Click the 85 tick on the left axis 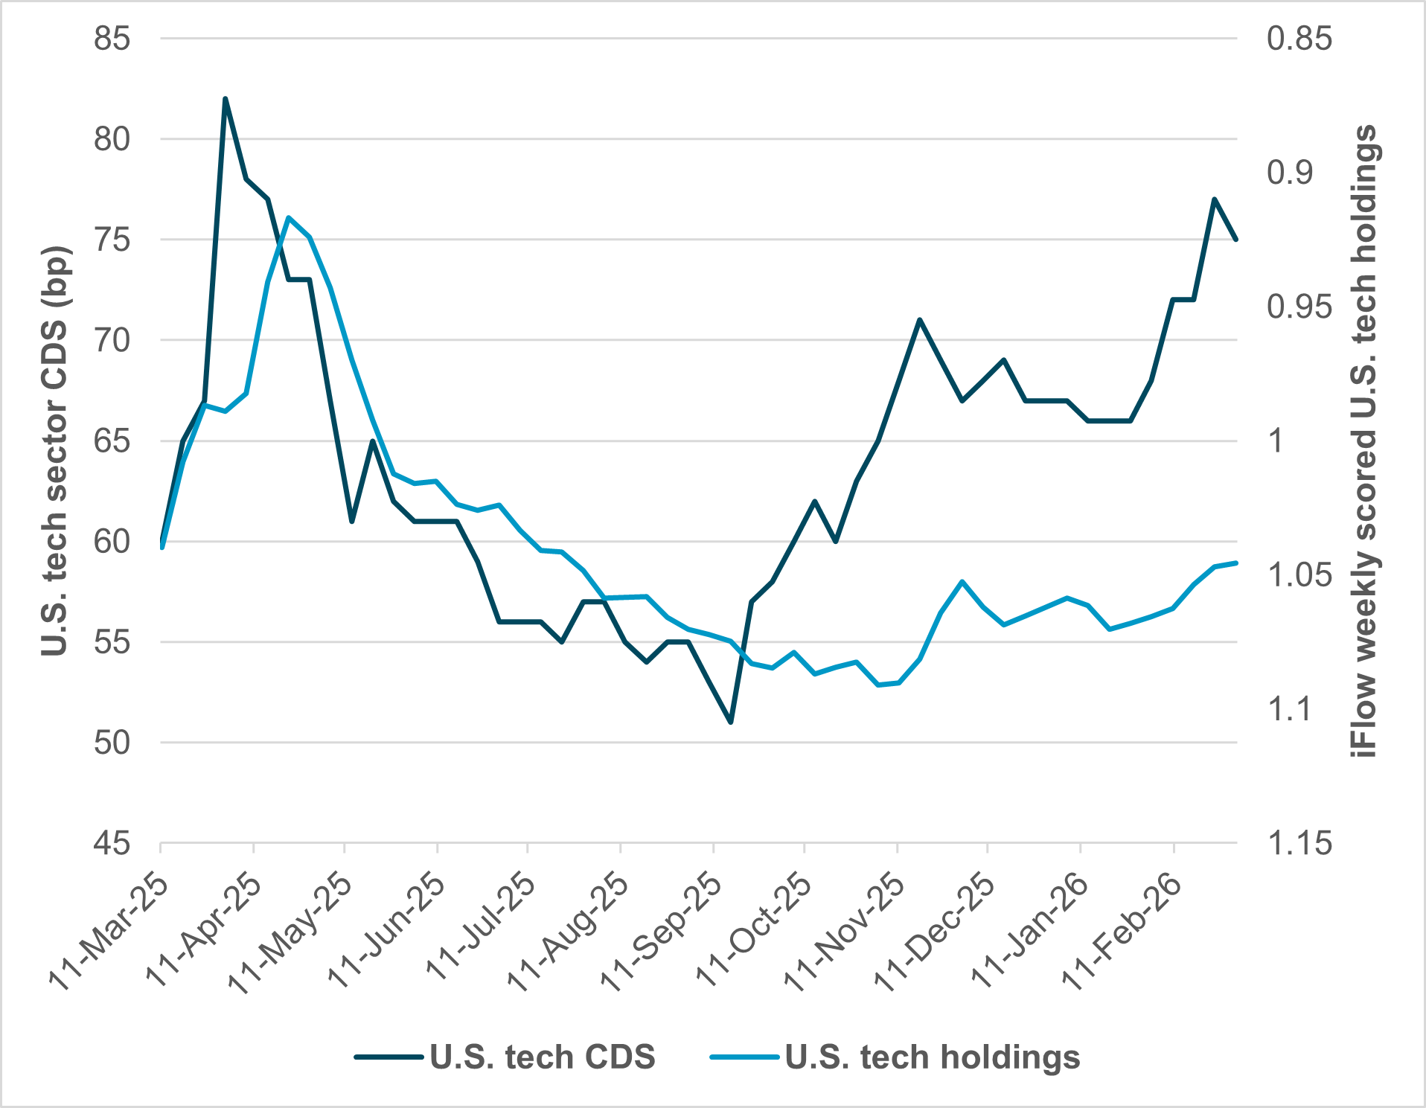[112, 38]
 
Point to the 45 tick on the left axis [112, 843]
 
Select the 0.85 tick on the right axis [1299, 38]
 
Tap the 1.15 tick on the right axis [1299, 843]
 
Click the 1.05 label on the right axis [1299, 574]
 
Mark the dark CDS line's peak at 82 [225, 99]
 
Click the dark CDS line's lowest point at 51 [730, 722]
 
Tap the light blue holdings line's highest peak [289, 217]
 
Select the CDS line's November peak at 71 [920, 320]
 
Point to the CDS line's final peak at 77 [1214, 199]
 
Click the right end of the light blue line [1236, 563]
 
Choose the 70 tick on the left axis [112, 340]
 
